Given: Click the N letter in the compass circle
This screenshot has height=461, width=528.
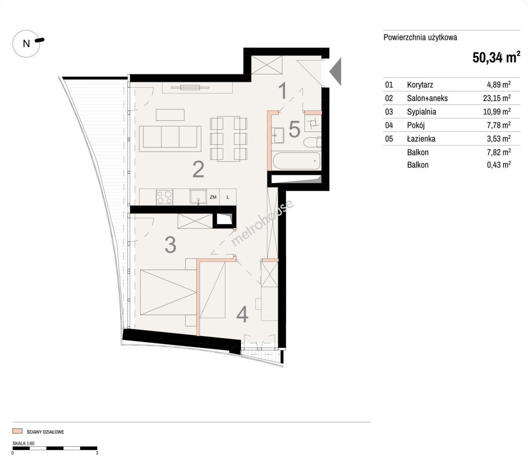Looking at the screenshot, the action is coord(26,44).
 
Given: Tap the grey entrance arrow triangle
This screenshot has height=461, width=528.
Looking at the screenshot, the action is coord(336,72).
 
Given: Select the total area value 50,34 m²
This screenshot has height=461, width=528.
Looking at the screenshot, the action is coord(496,57).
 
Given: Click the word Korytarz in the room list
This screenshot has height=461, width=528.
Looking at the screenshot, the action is coord(420,85).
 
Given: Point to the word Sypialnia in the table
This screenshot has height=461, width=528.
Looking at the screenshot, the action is coord(421,112).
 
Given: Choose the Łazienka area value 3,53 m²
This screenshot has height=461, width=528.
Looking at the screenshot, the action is coord(499,139).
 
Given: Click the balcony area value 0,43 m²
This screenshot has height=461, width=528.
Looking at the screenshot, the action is coord(499,164).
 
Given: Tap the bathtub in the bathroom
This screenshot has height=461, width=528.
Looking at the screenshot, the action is coord(296,161).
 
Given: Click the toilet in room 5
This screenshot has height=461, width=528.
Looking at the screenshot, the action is coord(313,142).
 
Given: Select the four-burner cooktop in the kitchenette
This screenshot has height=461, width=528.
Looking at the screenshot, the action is coord(164,197).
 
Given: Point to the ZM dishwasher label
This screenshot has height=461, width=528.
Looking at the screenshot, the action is coord(213,197).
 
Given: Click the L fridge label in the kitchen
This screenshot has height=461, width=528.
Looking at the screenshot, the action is coord(228,197).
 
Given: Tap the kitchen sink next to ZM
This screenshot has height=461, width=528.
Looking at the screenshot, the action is coord(198,196).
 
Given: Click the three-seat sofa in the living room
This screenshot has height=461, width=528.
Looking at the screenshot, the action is coord(170,139).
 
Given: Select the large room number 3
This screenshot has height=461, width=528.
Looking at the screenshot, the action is coord(171,244).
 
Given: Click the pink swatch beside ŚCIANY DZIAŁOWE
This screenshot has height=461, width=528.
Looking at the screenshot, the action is coord(17,431).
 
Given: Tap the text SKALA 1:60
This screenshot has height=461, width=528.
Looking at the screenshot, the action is coord(23,443).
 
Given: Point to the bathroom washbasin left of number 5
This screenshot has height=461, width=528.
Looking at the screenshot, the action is coord(278,135).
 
